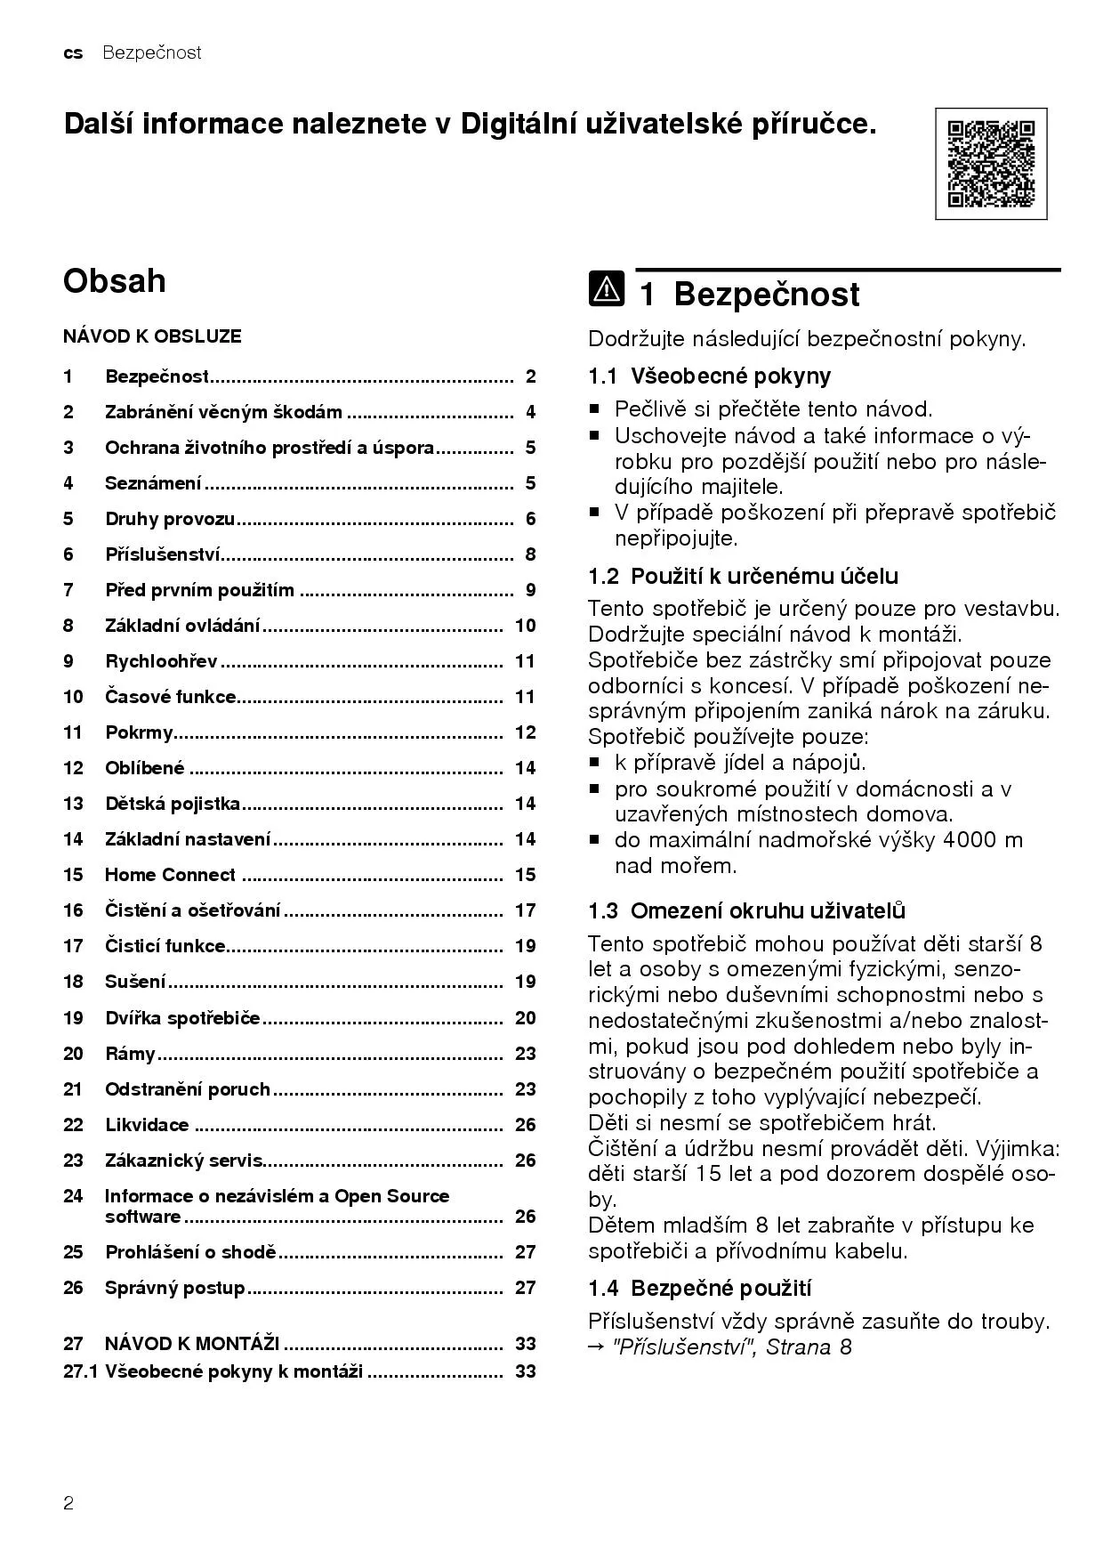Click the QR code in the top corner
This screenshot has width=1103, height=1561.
coord(991,164)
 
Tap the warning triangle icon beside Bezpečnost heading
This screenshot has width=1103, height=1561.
coord(606,291)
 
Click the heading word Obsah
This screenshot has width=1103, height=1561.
coord(114,280)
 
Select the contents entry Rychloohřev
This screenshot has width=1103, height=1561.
coord(161,661)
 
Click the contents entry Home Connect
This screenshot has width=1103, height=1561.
coord(170,875)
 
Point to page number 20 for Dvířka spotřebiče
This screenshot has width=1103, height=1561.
coord(525,1018)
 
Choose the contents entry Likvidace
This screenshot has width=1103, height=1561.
coord(147,1125)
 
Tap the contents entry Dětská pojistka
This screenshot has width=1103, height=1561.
coord(173,804)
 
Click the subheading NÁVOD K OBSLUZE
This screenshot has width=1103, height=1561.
coord(152,336)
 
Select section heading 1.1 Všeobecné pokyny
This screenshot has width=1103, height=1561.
coord(709,376)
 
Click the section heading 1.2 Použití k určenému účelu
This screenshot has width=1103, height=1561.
coord(743,576)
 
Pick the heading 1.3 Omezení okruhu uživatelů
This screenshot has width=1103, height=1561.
coord(746,910)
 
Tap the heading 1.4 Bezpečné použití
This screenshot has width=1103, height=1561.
coord(699,1288)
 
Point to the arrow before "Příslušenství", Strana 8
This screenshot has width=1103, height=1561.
coord(596,1347)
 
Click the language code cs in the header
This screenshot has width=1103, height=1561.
coord(73,53)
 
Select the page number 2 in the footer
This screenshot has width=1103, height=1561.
coord(68,1504)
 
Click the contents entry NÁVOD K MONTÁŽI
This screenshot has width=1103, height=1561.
coord(192,1343)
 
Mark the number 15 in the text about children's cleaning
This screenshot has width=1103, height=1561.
coord(708,1174)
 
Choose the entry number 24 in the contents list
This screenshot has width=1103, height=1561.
coord(73,1196)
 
